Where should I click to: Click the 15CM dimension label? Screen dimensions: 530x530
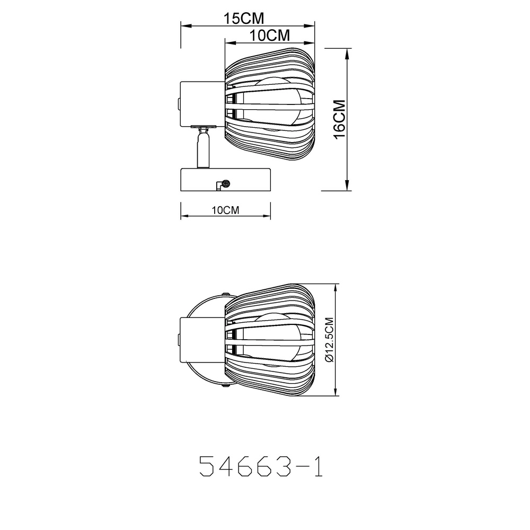pos(244,18)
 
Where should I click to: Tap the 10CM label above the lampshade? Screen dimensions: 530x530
pos(269,35)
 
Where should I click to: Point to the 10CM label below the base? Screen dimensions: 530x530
pos(225,210)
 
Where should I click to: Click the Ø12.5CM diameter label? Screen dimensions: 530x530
pos(329,339)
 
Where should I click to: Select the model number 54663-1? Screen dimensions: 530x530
pos(261,466)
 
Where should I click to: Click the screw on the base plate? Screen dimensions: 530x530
pos(225,184)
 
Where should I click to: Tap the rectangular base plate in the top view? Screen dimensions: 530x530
pos(225,180)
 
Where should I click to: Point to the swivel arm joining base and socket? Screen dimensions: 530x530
pos(203,148)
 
